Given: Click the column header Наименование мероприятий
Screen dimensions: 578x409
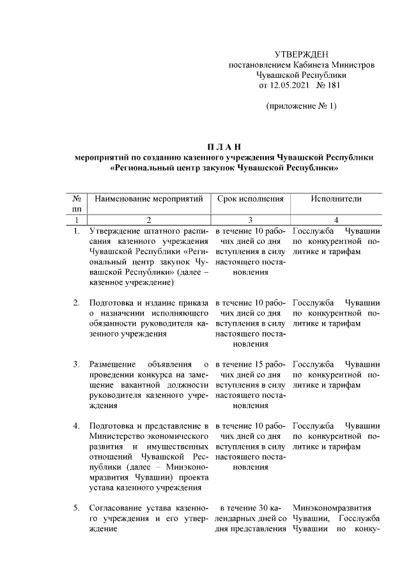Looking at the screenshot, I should point(148,199).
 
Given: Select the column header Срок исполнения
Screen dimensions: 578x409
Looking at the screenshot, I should point(250,199).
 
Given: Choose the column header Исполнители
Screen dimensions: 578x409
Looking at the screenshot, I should point(336,199).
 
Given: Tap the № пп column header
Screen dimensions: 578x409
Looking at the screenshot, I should point(76,204).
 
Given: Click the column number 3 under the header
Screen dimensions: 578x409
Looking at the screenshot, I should point(250,220).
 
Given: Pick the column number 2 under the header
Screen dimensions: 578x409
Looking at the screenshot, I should point(148,220).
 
